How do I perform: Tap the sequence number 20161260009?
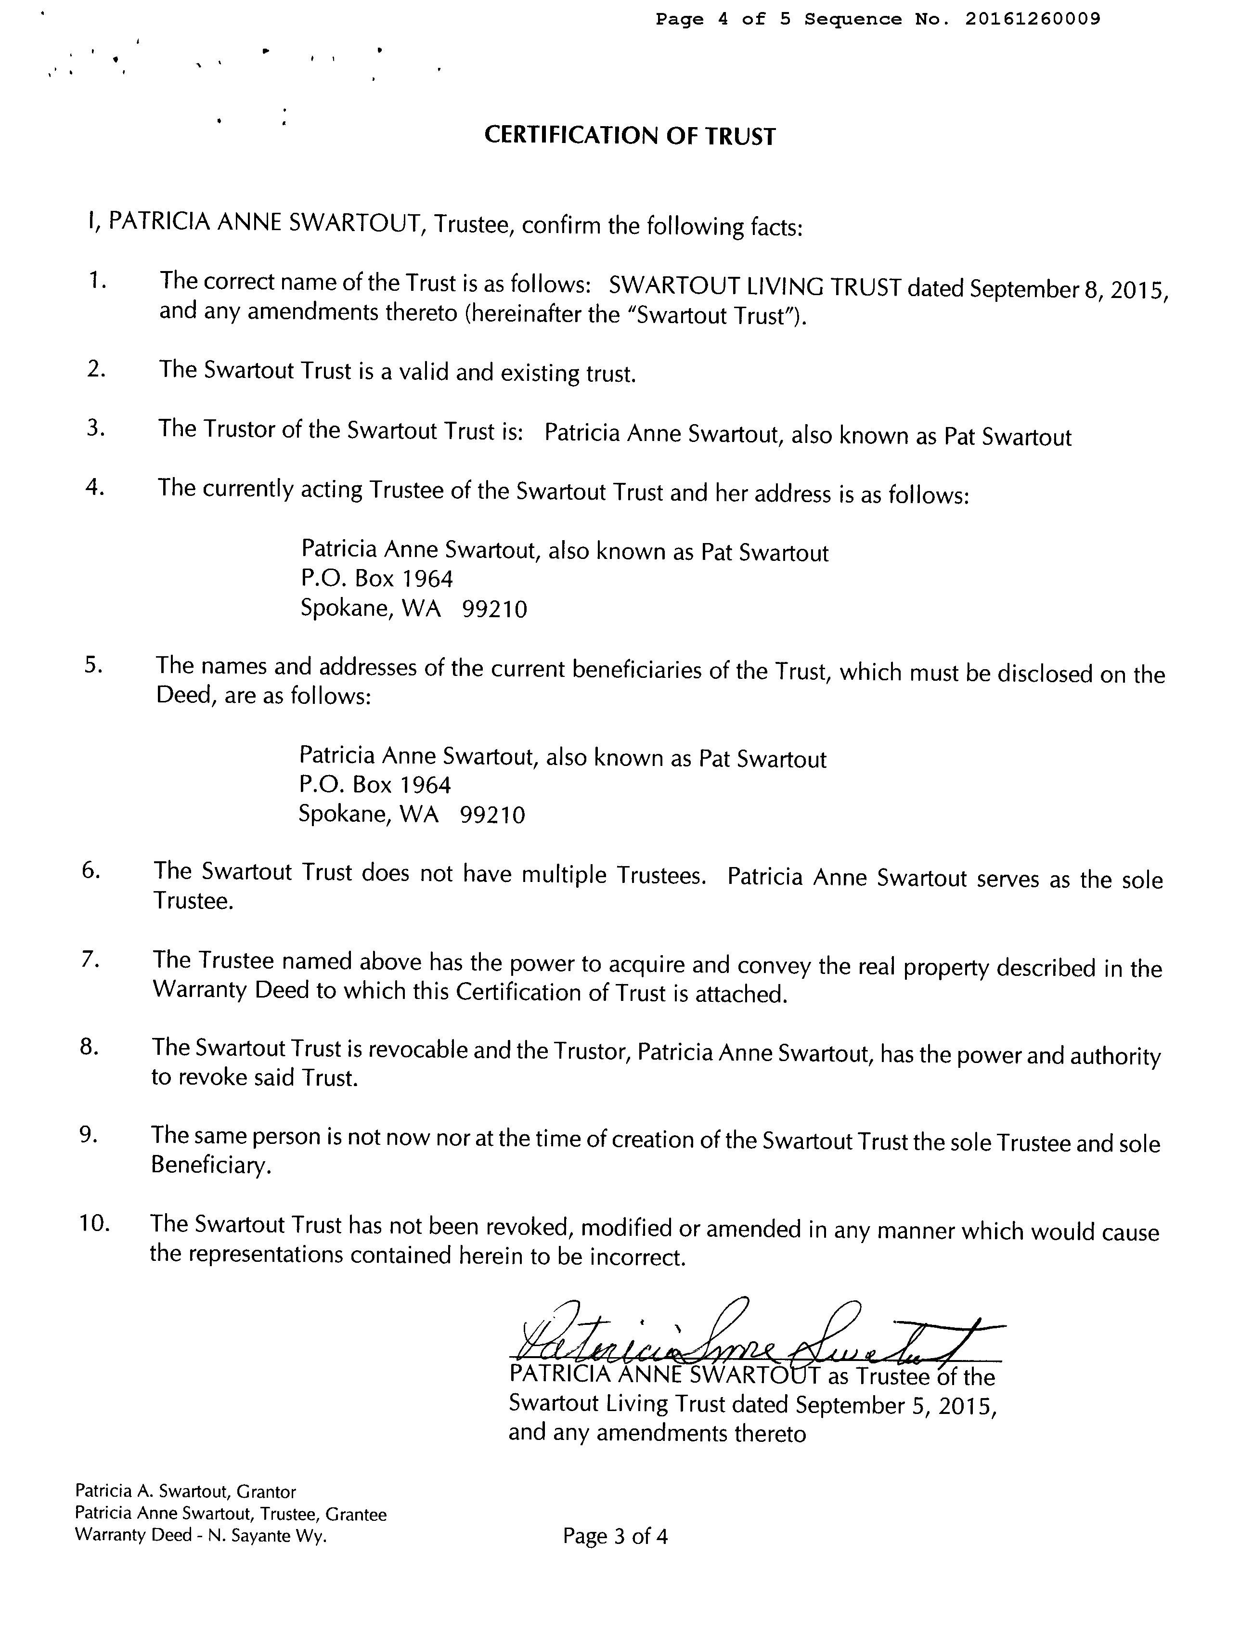click(x=1032, y=19)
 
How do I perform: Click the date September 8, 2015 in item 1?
click(x=1068, y=289)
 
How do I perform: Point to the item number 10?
click(x=94, y=1223)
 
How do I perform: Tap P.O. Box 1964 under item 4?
click(x=377, y=578)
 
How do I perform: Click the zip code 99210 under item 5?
click(x=492, y=815)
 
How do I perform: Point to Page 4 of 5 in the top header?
click(x=723, y=19)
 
